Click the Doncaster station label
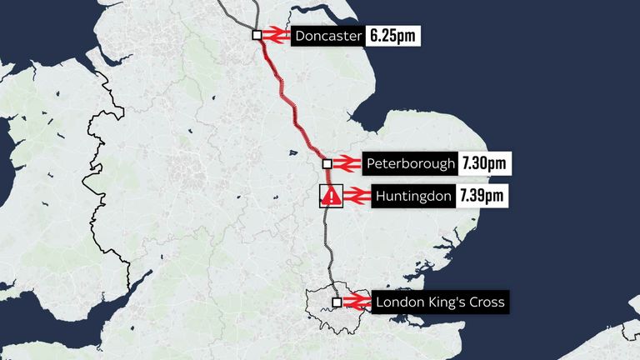327,37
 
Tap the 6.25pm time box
390,37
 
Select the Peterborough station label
411,164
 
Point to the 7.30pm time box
484,164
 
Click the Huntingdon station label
409,197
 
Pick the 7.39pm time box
482,197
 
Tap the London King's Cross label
440,302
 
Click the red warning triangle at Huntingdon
331,197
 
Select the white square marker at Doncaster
257,35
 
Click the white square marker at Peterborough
327,163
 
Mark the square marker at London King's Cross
337,302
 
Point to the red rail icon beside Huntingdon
355,197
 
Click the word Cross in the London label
487,302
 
